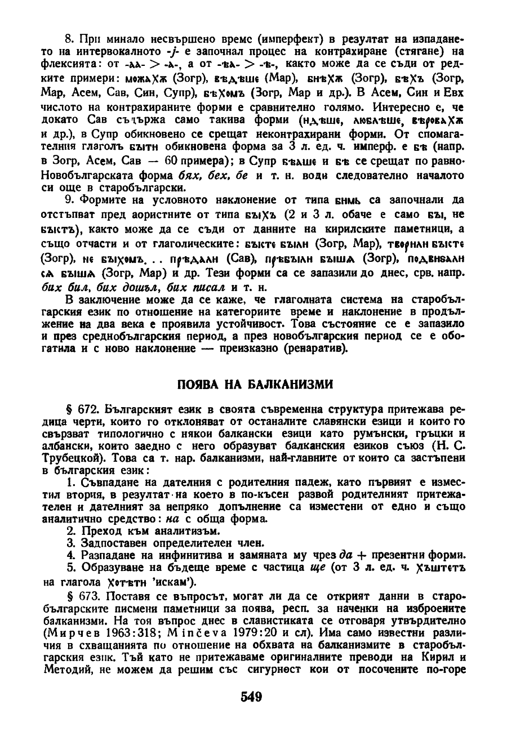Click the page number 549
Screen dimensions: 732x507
click(x=251, y=698)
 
